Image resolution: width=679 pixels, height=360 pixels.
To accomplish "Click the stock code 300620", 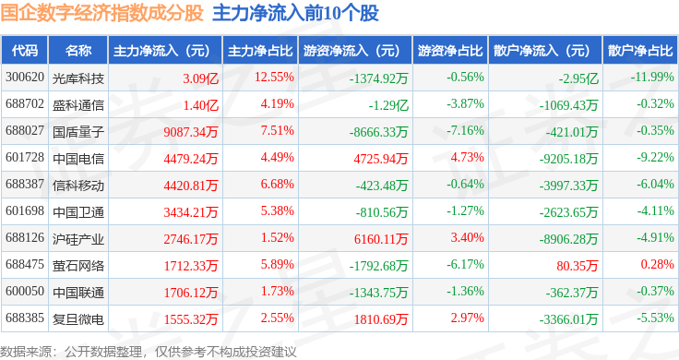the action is tap(25, 78).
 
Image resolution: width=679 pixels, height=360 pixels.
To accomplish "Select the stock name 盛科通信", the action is tap(78, 105).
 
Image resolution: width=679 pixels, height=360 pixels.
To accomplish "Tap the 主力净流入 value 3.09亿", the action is tap(200, 78).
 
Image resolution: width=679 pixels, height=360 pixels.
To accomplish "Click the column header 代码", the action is tap(25, 51).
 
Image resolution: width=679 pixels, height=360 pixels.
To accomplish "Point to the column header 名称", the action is tap(78, 51).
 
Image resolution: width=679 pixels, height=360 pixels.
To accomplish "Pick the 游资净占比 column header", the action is tap(450, 51).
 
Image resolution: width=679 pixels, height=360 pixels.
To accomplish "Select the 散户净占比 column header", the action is tap(640, 51).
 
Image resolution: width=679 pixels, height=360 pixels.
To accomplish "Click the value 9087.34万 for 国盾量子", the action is tap(191, 132).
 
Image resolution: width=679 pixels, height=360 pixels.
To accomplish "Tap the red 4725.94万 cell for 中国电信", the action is tap(381, 159).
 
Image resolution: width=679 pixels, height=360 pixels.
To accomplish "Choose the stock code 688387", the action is tap(25, 184).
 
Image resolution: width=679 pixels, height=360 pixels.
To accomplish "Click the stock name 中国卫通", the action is tap(78, 212).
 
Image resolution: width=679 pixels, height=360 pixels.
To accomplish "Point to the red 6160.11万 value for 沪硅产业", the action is tap(381, 239).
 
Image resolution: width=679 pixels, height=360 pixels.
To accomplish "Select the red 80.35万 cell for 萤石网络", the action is tap(578, 266).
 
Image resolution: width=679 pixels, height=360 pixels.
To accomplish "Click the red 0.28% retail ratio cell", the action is tap(658, 264).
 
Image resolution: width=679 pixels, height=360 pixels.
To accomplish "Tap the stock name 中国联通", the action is tap(78, 293).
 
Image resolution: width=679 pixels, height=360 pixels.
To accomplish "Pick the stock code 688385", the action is tap(25, 318).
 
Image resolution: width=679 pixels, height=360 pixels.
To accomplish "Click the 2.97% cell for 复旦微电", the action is tap(467, 318).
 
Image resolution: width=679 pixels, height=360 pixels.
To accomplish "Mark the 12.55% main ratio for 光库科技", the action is tap(274, 78).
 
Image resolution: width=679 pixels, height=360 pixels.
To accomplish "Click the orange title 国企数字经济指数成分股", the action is tap(101, 13).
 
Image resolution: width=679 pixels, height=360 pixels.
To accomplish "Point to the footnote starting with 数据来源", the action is tap(149, 352).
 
